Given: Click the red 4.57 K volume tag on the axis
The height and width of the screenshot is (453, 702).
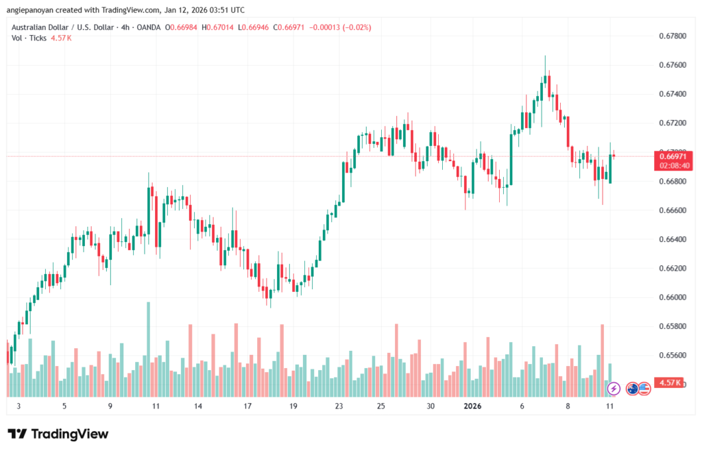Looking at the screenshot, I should [668, 382].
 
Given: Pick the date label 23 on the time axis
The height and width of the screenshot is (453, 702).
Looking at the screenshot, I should [339, 406].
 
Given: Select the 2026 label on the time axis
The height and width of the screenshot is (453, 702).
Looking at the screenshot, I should [472, 406].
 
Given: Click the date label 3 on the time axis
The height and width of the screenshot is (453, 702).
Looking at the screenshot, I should [19, 406].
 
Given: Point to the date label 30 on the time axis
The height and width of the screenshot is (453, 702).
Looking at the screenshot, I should [431, 406].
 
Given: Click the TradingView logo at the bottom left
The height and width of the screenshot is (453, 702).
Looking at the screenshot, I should [58, 434].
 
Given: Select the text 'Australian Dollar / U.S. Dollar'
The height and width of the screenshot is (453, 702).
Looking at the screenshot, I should [66, 27].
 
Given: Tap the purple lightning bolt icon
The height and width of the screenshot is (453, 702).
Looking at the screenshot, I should [614, 389].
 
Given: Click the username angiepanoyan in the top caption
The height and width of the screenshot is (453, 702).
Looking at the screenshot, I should [38, 10].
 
